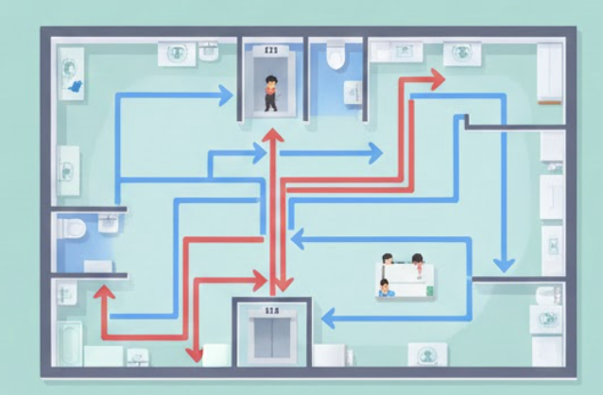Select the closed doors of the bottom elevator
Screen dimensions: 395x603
271,336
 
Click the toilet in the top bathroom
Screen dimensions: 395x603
333,59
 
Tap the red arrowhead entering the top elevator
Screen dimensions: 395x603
272,136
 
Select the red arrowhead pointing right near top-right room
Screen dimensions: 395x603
436,79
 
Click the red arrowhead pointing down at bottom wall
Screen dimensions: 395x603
195,353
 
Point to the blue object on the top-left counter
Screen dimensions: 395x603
75,88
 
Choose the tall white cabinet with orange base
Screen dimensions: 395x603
549,72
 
